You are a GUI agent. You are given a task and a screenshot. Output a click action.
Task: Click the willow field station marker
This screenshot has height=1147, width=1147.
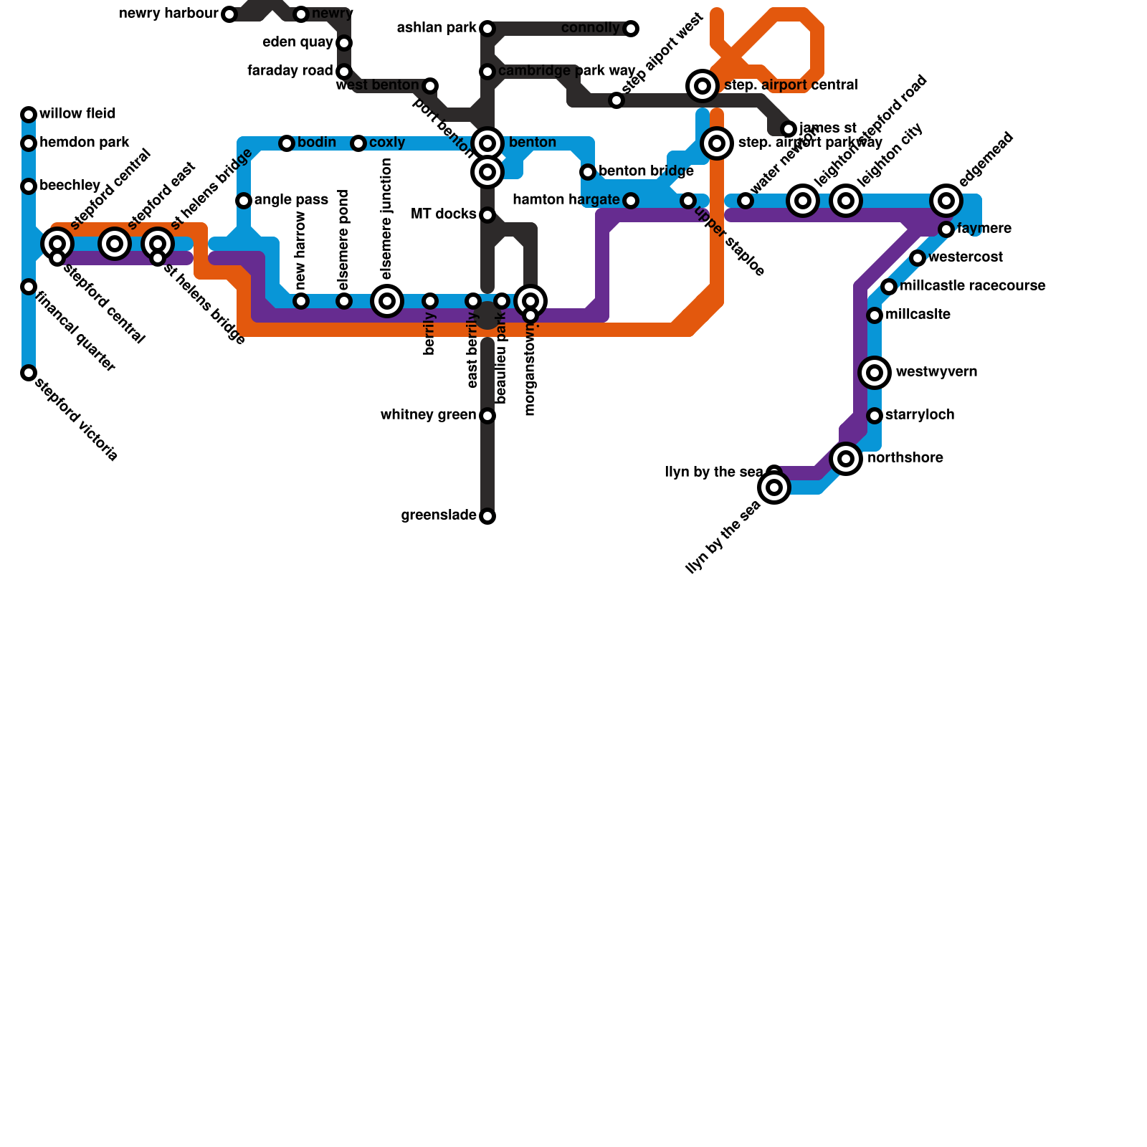point(29,115)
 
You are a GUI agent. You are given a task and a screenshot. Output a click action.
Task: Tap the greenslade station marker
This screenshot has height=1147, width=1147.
point(487,516)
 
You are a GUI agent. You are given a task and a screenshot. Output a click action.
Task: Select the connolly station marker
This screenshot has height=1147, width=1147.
point(631,29)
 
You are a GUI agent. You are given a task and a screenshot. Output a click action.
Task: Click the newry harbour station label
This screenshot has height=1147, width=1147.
point(168,14)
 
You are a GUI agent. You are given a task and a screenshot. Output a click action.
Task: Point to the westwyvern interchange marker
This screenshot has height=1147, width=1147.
point(875,373)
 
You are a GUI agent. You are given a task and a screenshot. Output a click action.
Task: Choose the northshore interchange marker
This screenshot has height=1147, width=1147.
point(846,459)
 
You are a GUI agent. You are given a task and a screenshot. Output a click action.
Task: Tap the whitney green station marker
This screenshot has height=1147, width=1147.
point(487,416)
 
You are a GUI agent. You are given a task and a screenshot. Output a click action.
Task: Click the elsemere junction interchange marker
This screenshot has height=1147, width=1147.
point(387,301)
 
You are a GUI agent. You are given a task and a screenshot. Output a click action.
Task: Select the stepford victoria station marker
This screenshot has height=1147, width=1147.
point(29,373)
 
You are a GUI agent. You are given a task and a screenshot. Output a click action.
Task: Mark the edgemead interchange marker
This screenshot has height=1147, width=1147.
point(946,201)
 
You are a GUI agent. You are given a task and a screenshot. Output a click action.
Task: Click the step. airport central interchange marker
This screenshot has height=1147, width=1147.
point(703,86)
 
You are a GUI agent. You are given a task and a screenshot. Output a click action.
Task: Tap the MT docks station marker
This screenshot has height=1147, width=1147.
point(487,215)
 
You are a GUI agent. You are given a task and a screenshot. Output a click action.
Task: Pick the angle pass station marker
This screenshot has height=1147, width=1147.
point(244,201)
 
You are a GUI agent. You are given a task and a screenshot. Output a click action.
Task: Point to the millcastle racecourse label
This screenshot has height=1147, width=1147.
point(972,286)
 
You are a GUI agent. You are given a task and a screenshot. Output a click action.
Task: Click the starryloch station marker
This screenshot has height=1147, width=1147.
point(875,416)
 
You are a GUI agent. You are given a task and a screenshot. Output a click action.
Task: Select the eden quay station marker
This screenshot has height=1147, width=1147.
point(344,43)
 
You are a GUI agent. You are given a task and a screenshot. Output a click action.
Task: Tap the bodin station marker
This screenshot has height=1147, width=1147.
point(287,143)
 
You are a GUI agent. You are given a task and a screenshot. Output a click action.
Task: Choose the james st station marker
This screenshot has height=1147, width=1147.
point(789,129)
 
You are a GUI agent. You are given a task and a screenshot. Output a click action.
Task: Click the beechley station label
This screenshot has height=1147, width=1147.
point(70,186)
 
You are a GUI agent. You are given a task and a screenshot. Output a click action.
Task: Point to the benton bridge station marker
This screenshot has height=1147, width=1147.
point(588,172)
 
